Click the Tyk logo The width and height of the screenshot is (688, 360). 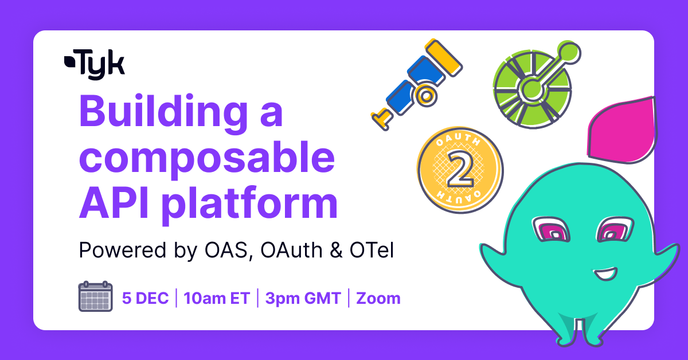[94, 65]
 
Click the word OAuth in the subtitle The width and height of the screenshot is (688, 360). [291, 250]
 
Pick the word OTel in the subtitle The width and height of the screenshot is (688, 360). [372, 250]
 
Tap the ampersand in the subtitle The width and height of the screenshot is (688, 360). [336, 251]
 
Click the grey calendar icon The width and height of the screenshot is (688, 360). [96, 296]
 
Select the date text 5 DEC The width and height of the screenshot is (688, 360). [145, 298]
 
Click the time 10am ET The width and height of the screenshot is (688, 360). [217, 298]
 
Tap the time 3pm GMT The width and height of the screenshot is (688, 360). [303, 298]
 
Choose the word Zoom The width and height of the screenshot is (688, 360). [378, 298]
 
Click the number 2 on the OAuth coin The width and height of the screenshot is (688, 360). [460, 170]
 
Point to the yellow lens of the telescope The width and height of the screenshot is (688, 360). [444, 57]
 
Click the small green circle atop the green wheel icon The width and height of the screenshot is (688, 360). [569, 53]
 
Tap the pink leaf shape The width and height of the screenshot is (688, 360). [622, 130]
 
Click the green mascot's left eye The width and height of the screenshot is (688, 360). [551, 230]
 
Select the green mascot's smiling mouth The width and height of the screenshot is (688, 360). [605, 273]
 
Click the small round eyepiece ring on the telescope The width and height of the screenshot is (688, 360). [425, 96]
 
